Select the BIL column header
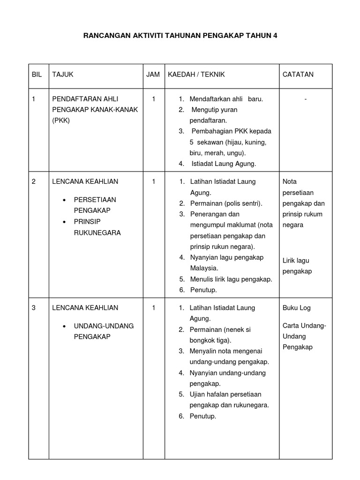(x=37, y=75)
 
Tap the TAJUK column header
(x=63, y=75)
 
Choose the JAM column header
(x=153, y=75)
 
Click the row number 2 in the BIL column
(x=34, y=181)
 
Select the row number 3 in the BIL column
(x=34, y=308)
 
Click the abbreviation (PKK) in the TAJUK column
(x=61, y=120)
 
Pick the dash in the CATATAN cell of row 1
(x=305, y=99)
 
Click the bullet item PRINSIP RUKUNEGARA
(x=97, y=227)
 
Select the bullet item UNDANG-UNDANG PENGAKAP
(x=104, y=331)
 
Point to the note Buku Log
(x=296, y=308)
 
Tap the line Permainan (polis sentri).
(x=226, y=203)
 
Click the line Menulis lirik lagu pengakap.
(x=231, y=279)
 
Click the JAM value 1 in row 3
(x=153, y=308)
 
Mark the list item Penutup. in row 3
(x=202, y=416)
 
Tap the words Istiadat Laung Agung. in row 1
(x=224, y=164)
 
